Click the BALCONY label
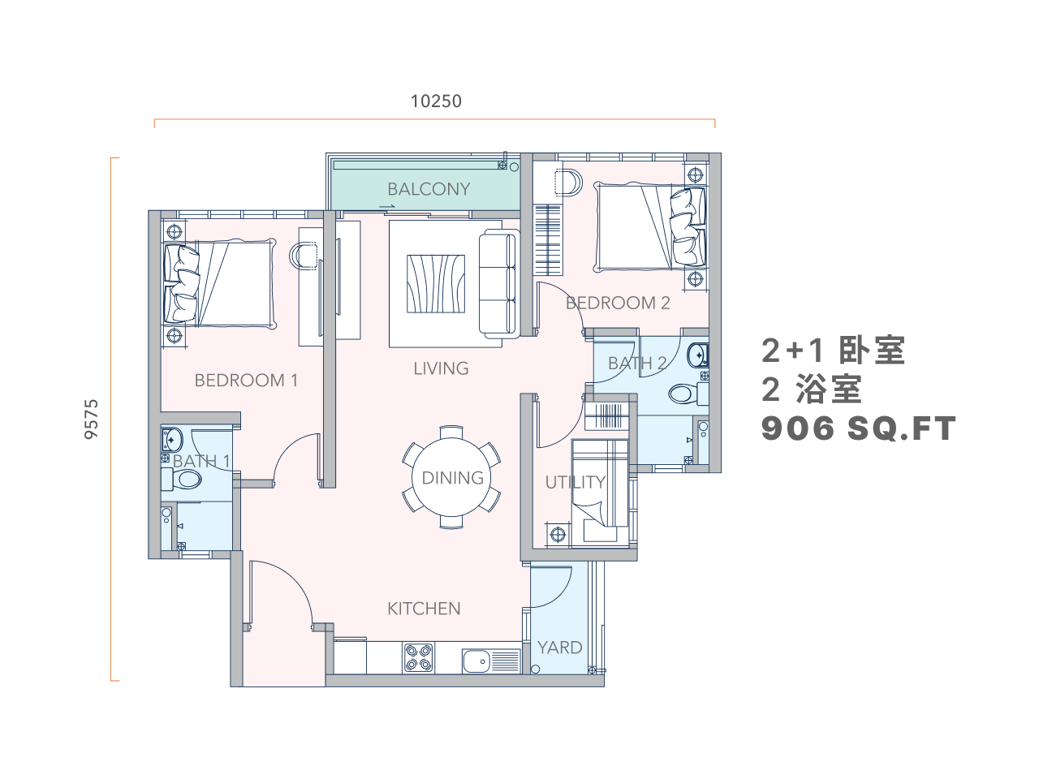[x=429, y=189]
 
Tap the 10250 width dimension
[x=435, y=101]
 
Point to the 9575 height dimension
[x=91, y=419]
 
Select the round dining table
[x=451, y=477]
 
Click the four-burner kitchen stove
[x=418, y=657]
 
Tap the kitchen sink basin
[x=476, y=661]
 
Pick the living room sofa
[x=498, y=284]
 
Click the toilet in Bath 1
[x=181, y=479]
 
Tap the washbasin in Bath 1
[x=171, y=440]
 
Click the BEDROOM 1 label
[x=246, y=381]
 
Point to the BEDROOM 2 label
[x=618, y=303]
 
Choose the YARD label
[x=559, y=648]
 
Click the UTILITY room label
[x=576, y=482]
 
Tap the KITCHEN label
[x=424, y=609]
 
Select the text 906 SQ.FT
[x=858, y=428]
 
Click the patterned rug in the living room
[x=435, y=284]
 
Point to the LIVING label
[x=441, y=368]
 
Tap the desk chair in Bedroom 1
[x=303, y=256]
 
